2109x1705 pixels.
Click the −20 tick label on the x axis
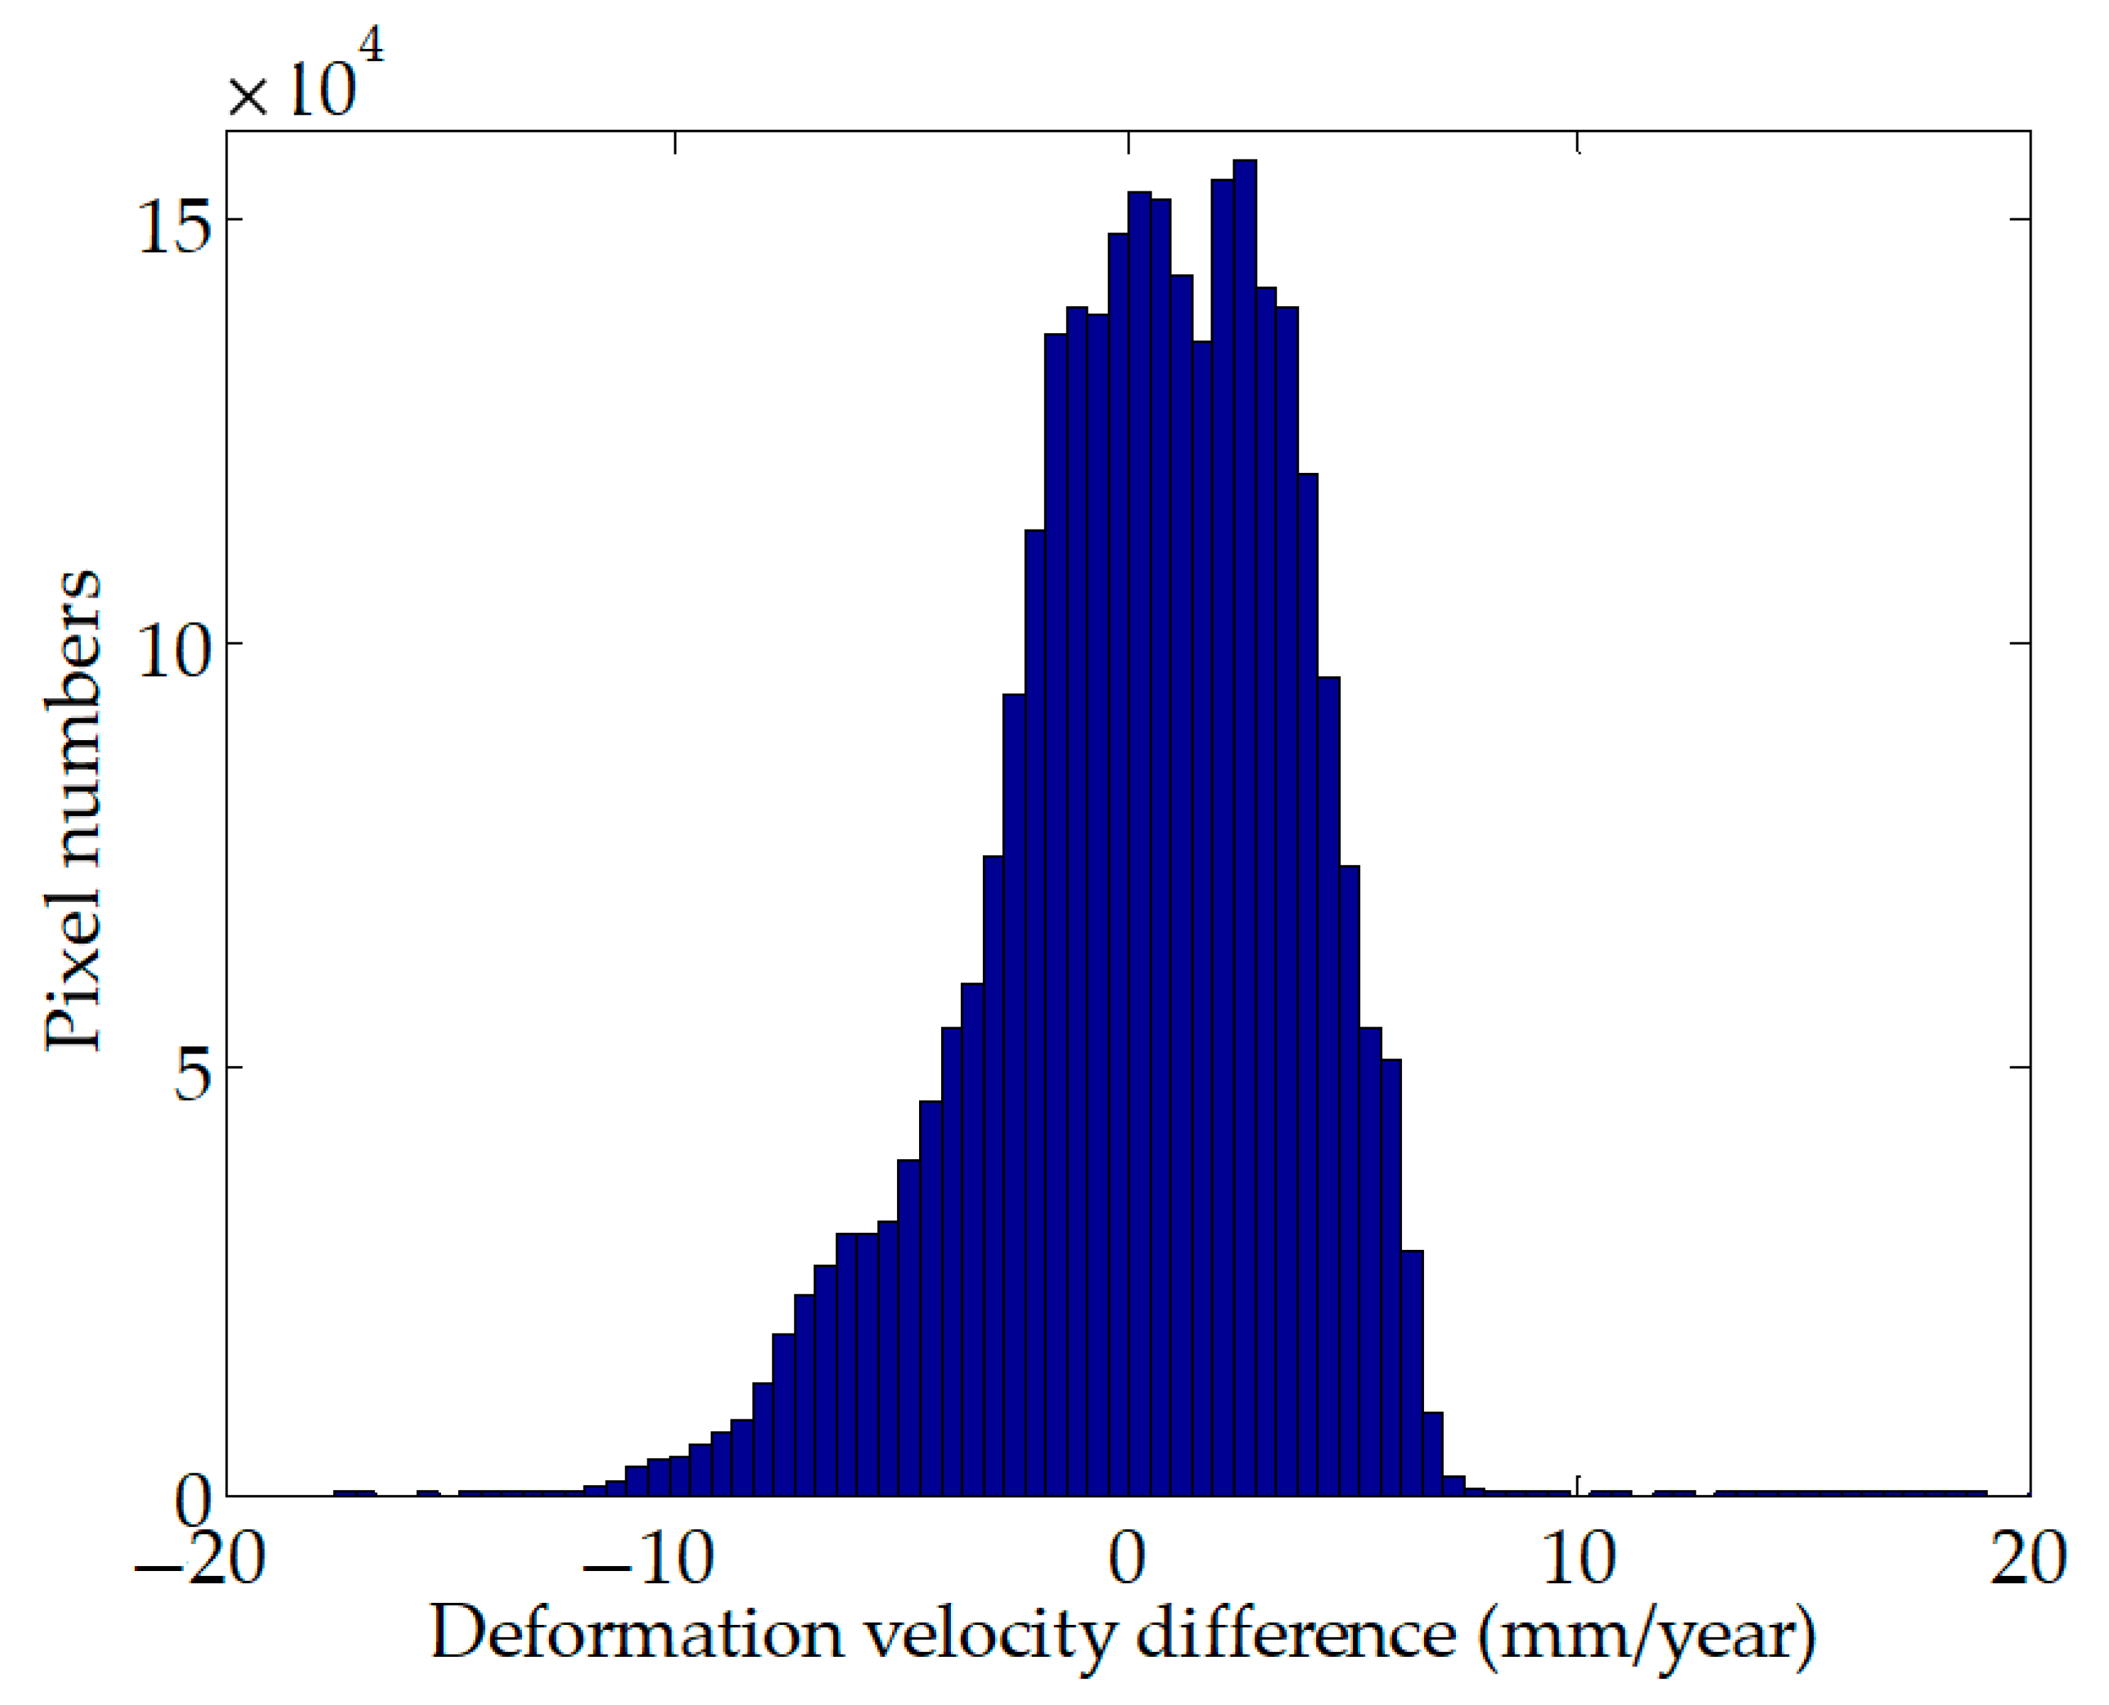point(199,1560)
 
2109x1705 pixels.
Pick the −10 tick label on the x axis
point(648,1560)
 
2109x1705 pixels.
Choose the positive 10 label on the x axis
point(1579,1560)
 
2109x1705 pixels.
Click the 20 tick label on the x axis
point(2027,1560)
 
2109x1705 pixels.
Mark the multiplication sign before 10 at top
point(247,99)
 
